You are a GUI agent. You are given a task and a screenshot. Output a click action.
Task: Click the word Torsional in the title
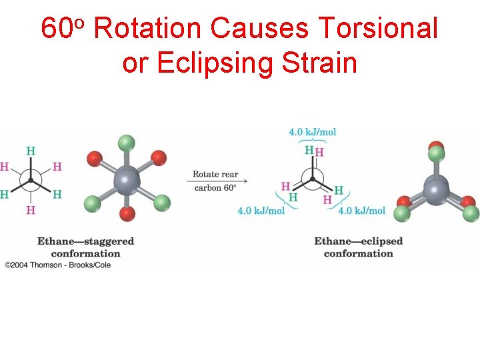tap(378, 29)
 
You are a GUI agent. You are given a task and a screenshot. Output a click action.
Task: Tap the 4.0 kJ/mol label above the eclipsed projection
tap(312, 132)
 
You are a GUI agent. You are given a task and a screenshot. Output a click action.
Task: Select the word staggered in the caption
tap(107, 241)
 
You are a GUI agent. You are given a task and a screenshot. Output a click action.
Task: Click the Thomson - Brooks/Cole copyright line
tap(58, 265)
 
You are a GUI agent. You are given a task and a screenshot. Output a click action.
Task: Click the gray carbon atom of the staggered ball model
tap(126, 179)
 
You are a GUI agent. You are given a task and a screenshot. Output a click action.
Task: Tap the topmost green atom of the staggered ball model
tap(126, 143)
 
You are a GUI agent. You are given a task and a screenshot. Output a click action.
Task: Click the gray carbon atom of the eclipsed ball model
tap(436, 189)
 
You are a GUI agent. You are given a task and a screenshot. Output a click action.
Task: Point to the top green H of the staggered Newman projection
tap(30, 151)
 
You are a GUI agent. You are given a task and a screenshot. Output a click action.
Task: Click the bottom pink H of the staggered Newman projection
tap(30, 210)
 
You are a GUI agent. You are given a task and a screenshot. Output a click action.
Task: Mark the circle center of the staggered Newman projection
tap(30, 180)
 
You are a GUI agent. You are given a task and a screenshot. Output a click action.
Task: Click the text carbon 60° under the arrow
tap(215, 188)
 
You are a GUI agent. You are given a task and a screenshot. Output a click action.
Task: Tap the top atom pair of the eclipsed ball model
tap(436, 152)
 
